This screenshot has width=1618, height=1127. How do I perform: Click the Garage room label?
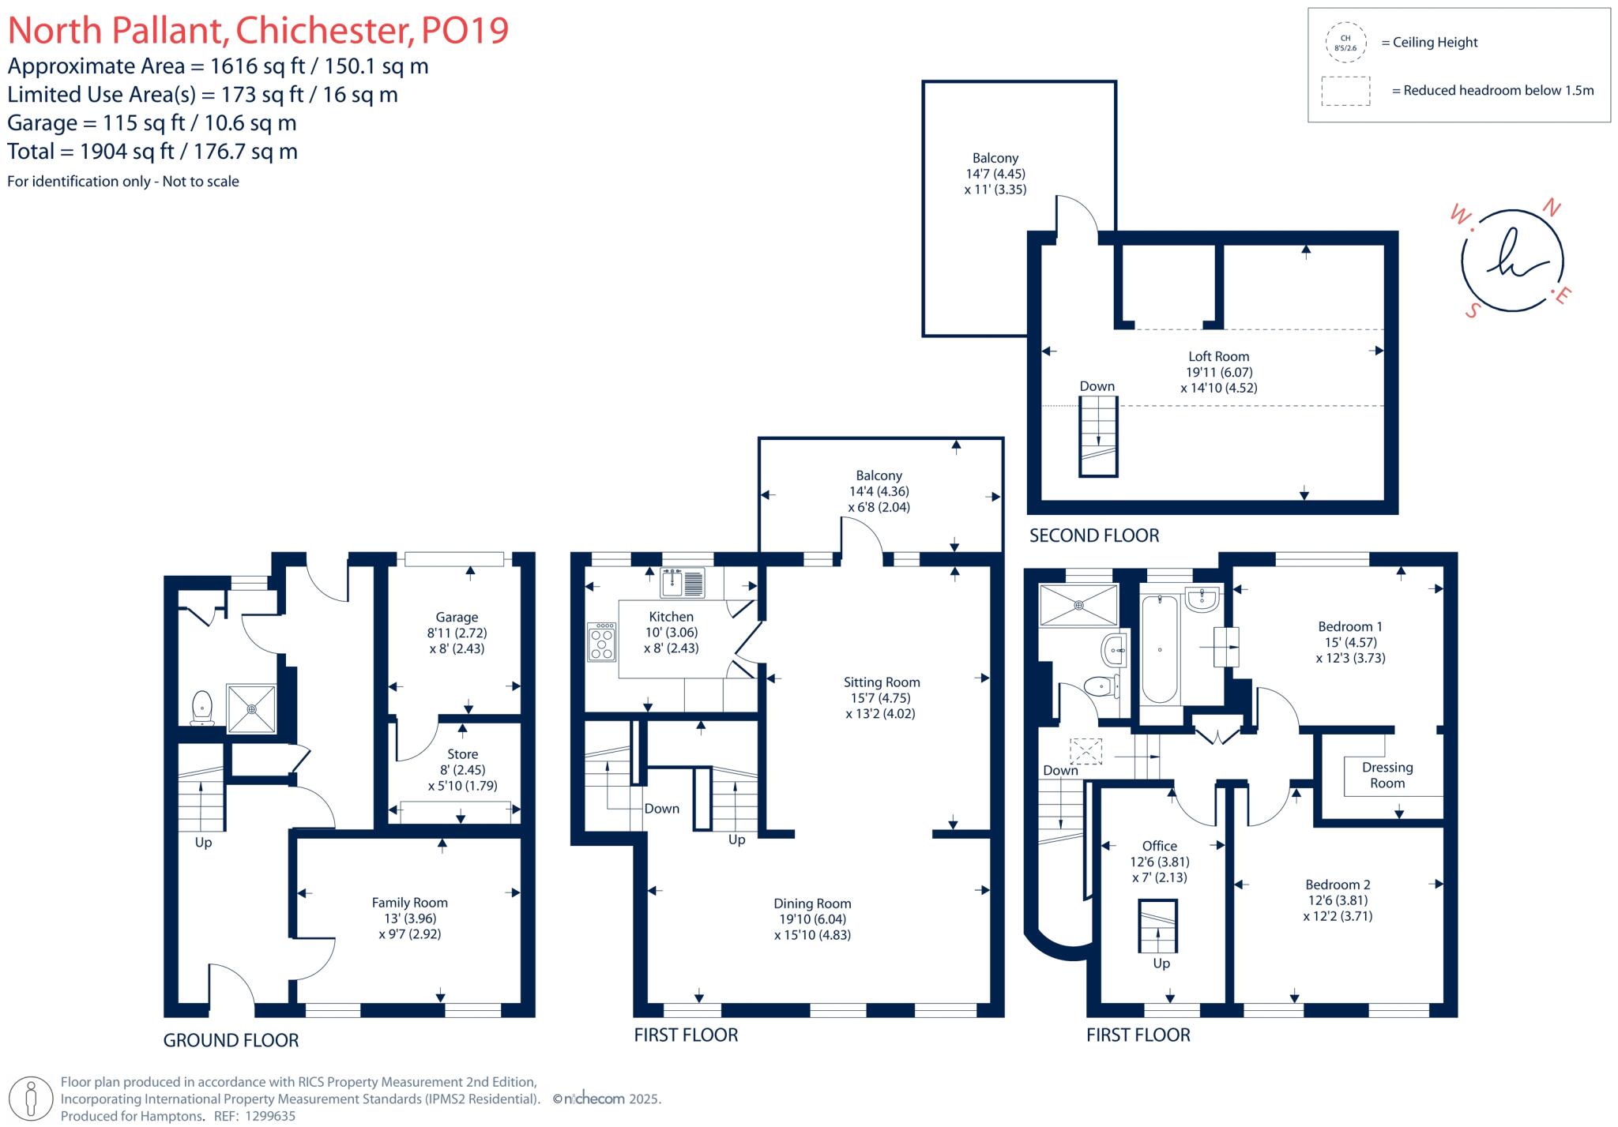(457, 618)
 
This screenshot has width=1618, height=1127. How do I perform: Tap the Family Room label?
(409, 903)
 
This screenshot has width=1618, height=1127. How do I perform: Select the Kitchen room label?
(671, 617)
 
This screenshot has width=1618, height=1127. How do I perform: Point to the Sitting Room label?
(881, 682)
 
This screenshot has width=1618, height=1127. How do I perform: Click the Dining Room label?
(812, 903)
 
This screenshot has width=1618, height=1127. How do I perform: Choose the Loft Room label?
(1218, 356)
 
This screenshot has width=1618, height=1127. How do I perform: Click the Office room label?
(1159, 846)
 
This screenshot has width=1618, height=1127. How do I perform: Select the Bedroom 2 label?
(1338, 885)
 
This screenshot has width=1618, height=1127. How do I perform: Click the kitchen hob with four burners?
(601, 642)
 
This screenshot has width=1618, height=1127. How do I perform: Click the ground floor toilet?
(202, 707)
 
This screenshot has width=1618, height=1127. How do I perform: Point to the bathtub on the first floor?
(1159, 649)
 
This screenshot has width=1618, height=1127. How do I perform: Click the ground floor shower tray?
(252, 708)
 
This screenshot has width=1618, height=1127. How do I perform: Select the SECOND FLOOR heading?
(1094, 535)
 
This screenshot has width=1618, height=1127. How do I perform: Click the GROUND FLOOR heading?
(231, 1041)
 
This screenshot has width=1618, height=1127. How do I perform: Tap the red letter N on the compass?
(1552, 208)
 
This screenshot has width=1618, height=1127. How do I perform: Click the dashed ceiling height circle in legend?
(1345, 43)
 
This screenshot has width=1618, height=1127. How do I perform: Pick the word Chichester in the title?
(324, 31)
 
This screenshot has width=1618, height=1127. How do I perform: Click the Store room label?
(462, 754)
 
